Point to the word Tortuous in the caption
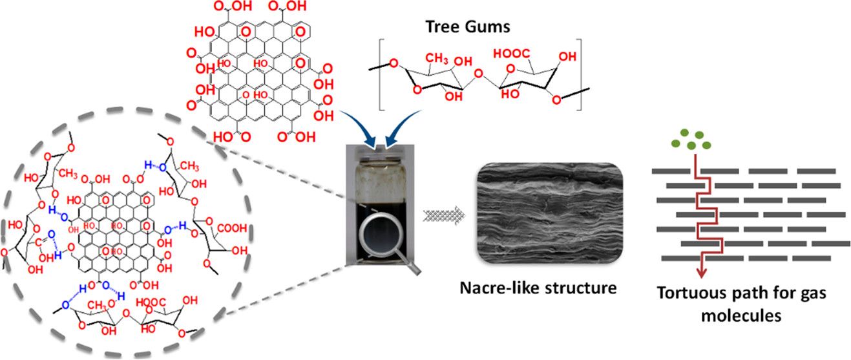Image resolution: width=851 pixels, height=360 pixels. [684, 293]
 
